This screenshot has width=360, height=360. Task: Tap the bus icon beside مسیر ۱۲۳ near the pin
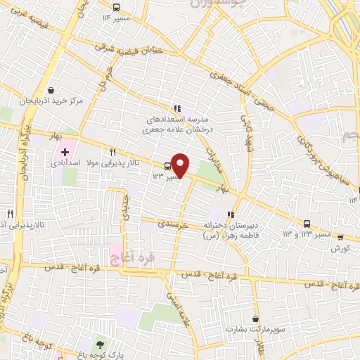(x=167, y=167)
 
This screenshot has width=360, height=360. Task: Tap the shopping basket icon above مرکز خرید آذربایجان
(x=51, y=90)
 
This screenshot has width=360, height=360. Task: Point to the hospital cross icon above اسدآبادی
(x=65, y=152)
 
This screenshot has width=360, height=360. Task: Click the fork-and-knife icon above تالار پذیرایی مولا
(x=113, y=152)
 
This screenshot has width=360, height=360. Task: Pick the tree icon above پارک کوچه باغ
(x=101, y=344)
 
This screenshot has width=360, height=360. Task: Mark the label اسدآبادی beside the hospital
(x=65, y=163)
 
